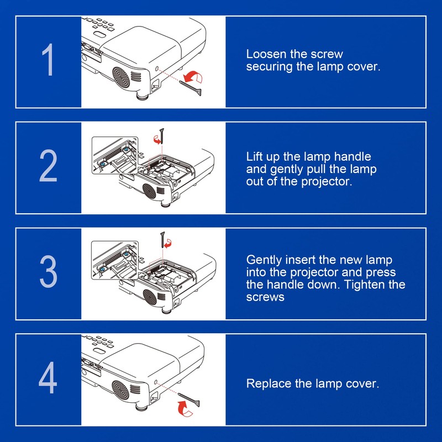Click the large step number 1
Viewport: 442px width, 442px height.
tap(49, 61)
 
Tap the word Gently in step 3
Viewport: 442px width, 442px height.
tap(264, 260)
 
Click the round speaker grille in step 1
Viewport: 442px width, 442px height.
tap(123, 77)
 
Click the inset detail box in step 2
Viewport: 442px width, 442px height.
tap(114, 157)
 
